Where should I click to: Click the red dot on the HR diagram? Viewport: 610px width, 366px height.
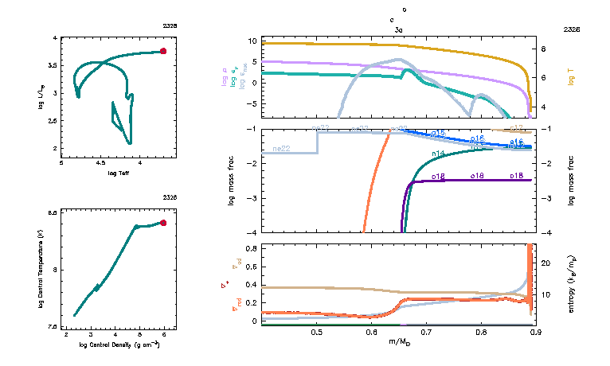click(163, 51)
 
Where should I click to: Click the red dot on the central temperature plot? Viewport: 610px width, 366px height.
click(163, 223)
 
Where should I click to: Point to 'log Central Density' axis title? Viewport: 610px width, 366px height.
click(119, 344)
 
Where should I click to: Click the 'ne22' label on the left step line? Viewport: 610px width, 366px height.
click(281, 149)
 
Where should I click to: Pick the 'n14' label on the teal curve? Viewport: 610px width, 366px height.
click(438, 154)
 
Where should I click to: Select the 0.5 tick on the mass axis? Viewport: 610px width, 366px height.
click(317, 332)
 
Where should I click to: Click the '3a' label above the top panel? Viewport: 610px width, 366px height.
click(398, 29)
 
